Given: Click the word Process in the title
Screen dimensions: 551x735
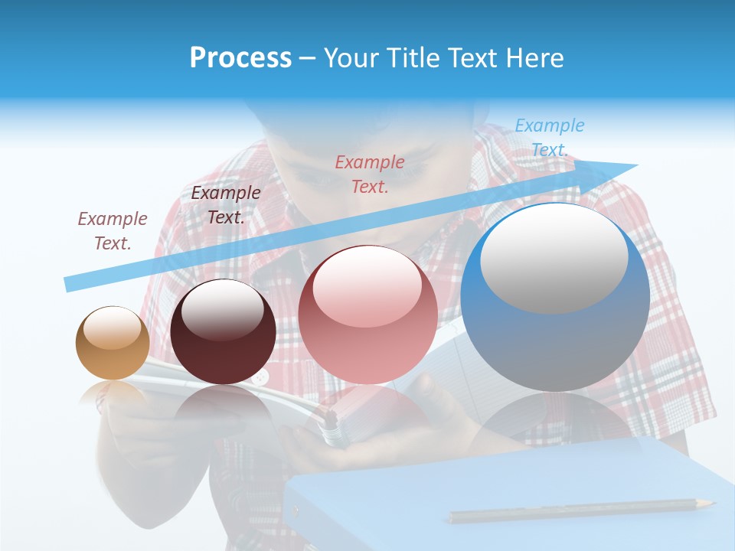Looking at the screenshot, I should (x=240, y=58).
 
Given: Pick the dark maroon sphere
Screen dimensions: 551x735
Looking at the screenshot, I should (x=223, y=331).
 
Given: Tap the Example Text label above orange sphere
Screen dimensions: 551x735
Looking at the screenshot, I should (x=112, y=230).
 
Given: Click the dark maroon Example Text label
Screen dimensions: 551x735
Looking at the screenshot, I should (x=225, y=205).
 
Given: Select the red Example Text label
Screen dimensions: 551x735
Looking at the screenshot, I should (x=370, y=174).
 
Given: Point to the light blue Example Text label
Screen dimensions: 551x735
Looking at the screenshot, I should (x=549, y=138).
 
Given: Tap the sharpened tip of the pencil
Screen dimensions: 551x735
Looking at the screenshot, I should (x=711, y=503).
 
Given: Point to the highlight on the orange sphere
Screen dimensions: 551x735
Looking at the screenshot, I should (x=113, y=329).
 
